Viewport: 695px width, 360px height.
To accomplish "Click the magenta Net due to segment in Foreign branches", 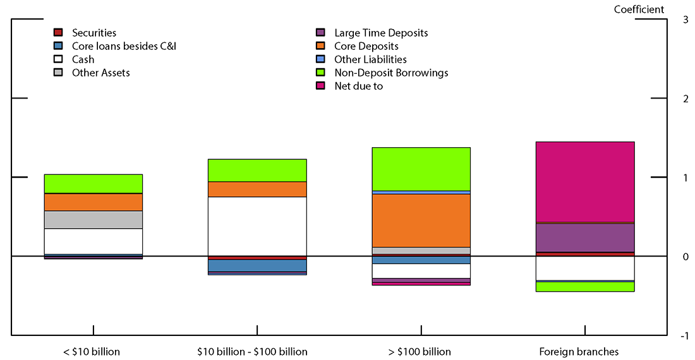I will coord(584,182).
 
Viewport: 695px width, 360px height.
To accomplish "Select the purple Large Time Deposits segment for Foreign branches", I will coord(584,237).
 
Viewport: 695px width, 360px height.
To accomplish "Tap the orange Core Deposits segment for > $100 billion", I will coord(421,220).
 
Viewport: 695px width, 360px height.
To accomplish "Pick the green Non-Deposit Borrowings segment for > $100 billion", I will coord(421,169).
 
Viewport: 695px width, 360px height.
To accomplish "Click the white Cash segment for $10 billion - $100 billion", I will coord(257,226).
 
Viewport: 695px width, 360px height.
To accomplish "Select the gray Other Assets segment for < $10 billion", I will coord(94,219).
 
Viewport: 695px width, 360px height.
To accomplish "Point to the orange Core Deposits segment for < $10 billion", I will coord(94,202).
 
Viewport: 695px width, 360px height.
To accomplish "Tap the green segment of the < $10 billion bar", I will coord(94,183).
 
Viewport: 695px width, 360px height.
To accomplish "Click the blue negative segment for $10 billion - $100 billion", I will coord(257,265).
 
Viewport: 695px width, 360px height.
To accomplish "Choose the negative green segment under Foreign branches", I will coord(584,286).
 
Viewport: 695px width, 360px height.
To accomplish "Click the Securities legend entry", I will coord(94,33).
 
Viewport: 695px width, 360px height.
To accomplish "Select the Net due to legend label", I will coord(358,86).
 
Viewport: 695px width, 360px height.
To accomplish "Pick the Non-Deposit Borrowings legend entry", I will coord(391,73).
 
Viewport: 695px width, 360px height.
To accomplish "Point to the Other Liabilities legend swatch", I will coord(321,59).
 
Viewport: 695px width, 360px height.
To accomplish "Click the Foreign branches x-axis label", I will coord(579,352).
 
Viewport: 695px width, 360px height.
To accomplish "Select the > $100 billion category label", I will coord(421,352).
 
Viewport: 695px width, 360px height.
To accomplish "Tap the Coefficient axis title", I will coord(639,9).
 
